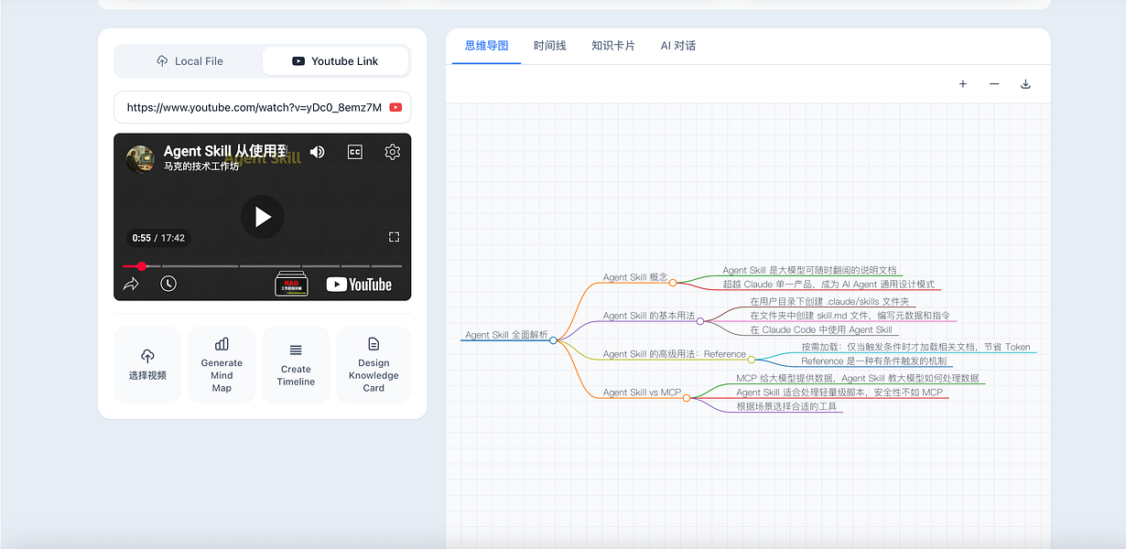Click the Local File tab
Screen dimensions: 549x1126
189,61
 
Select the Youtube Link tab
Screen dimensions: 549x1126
335,61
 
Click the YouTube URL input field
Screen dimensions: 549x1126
254,107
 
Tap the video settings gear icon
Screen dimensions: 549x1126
392,152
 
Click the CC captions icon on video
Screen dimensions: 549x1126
355,152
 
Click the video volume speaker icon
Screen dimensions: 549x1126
317,152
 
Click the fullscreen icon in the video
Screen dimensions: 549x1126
394,237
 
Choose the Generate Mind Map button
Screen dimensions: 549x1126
222,364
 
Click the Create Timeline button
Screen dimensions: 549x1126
296,364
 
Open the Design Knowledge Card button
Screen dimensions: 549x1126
374,364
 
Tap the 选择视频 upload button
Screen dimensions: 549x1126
147,364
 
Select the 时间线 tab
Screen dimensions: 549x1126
550,46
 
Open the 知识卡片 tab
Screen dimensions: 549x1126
613,46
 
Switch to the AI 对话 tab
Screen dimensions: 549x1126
678,46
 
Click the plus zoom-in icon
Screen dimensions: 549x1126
963,84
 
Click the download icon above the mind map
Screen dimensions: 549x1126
1025,84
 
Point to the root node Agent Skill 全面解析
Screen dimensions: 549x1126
506,335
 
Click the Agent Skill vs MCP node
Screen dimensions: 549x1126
642,393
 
